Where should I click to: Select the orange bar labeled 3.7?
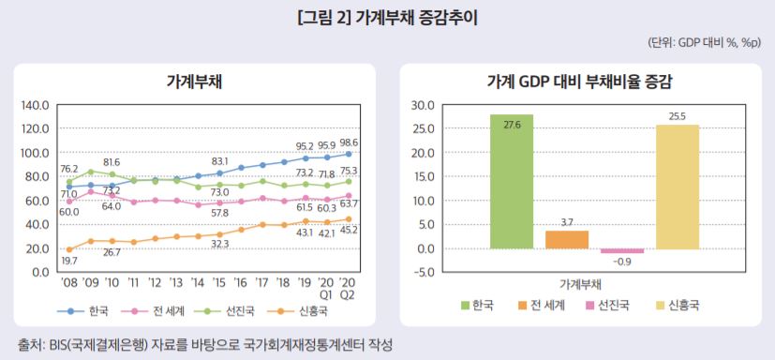pyautogui.click(x=566, y=239)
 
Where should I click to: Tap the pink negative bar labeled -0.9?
pyautogui.click(x=621, y=251)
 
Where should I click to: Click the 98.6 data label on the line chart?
pyautogui.click(x=350, y=142)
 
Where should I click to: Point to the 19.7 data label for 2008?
pyautogui.click(x=69, y=261)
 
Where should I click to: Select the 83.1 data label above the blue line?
pyautogui.click(x=220, y=160)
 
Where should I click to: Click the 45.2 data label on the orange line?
pyautogui.click(x=350, y=230)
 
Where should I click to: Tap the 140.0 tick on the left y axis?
pyautogui.click(x=34, y=105)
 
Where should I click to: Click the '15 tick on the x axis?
pyautogui.click(x=220, y=281)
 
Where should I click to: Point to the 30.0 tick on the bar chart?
pyautogui.click(x=424, y=105)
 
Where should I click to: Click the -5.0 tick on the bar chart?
pyautogui.click(x=424, y=273)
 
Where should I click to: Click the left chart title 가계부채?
pyautogui.click(x=194, y=81)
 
